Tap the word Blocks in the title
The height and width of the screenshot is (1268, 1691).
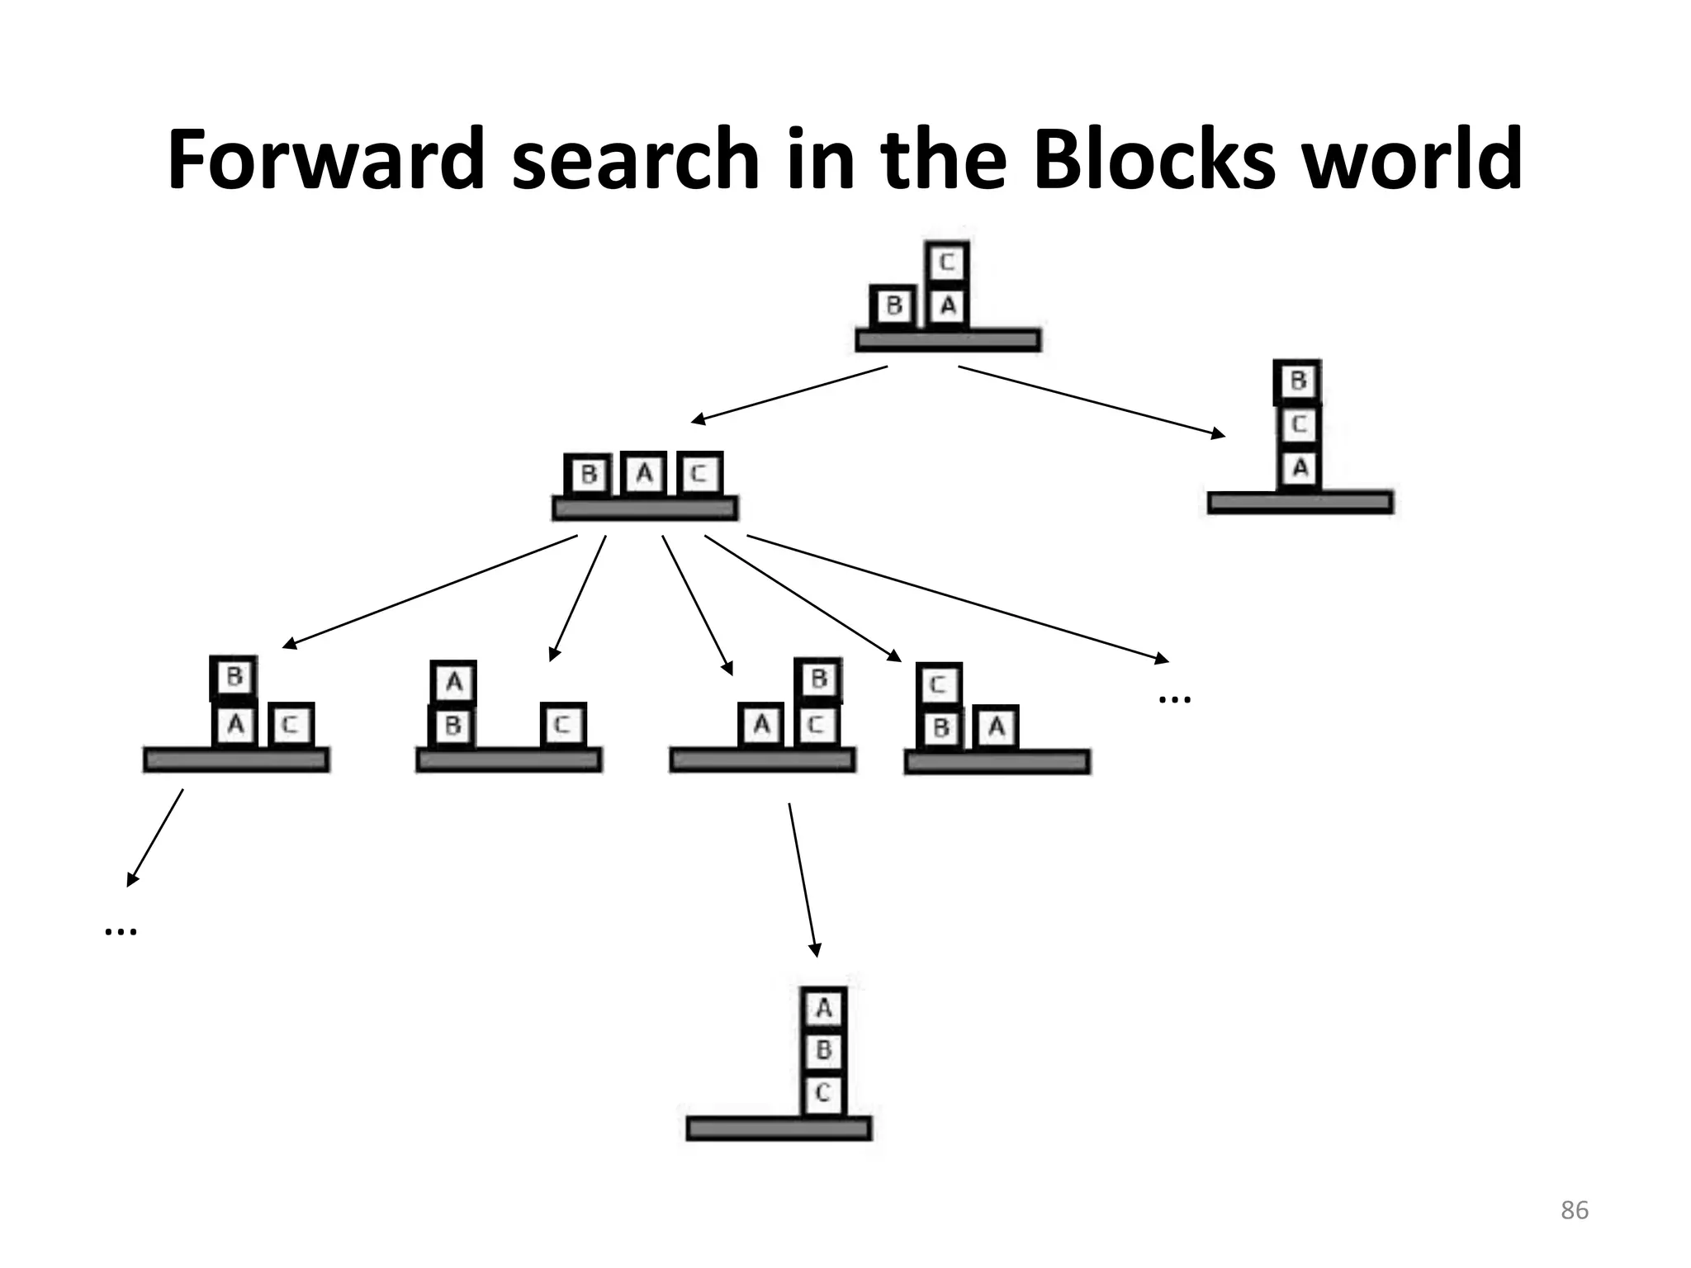pos(1153,158)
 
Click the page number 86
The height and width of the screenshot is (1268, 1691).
pos(1574,1210)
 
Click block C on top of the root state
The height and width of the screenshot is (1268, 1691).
pos(947,263)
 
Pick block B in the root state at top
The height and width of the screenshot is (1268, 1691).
pos(893,306)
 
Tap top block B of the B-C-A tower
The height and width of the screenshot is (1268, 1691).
pos(1298,381)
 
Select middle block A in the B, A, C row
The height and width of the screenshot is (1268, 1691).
pos(644,474)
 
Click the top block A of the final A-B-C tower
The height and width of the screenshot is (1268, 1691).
pos(823,1008)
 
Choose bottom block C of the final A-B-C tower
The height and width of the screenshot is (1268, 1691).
pos(823,1093)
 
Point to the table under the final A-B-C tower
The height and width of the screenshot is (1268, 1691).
pos(779,1128)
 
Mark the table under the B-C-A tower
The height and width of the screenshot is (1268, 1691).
pos(1300,502)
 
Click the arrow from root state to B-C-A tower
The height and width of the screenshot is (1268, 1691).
pos(1090,401)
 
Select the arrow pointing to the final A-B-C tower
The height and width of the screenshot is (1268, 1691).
pos(803,878)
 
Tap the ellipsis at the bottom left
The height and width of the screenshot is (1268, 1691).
pos(121,931)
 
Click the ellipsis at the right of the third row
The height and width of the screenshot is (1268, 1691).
pos(1174,699)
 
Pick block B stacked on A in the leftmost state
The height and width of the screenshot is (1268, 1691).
pos(234,678)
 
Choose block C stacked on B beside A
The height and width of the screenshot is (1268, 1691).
pos(939,684)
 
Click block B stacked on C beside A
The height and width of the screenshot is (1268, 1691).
pos(818,679)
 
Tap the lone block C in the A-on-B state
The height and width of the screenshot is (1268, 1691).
pos(563,725)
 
